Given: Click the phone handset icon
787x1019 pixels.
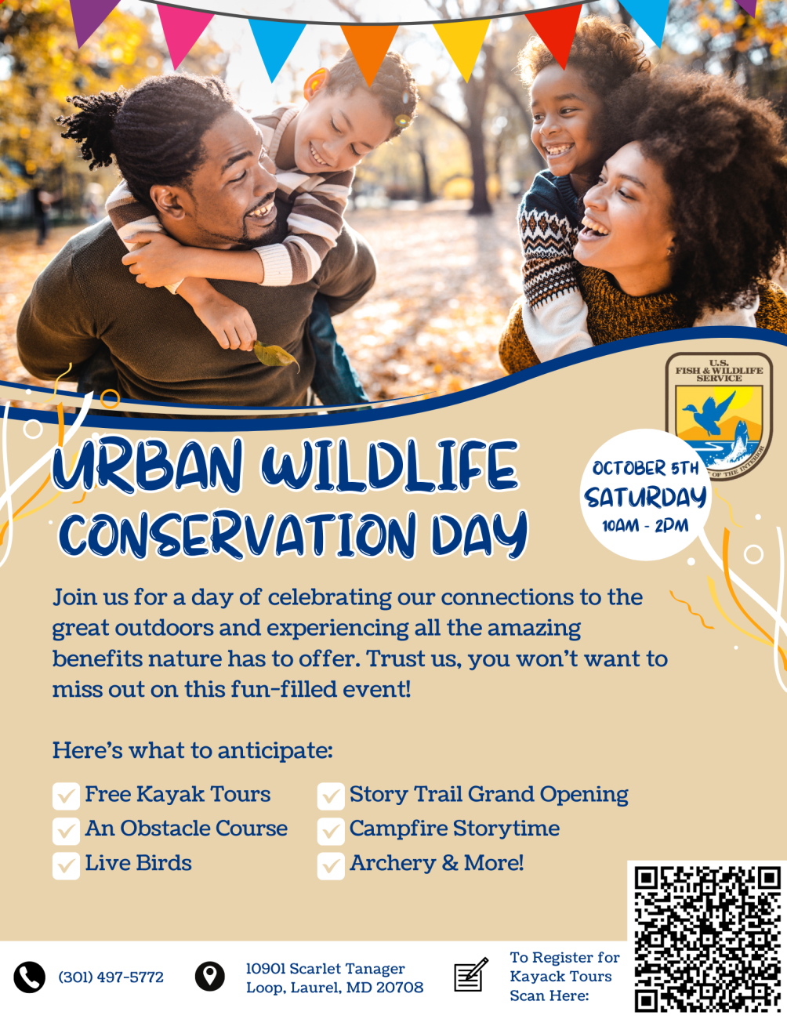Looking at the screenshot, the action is pyautogui.click(x=30, y=977).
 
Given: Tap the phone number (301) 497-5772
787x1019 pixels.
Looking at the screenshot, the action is pyautogui.click(x=111, y=977).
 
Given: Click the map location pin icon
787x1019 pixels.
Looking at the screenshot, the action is pyautogui.click(x=209, y=977).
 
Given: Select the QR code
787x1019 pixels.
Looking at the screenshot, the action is pyautogui.click(x=708, y=939).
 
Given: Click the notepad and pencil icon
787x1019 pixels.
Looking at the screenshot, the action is pyautogui.click(x=471, y=974).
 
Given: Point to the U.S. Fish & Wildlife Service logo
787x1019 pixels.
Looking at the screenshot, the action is pyautogui.click(x=719, y=415).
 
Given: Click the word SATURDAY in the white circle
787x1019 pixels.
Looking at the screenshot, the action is pyautogui.click(x=645, y=498).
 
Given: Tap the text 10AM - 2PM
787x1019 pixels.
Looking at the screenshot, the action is pyautogui.click(x=645, y=526).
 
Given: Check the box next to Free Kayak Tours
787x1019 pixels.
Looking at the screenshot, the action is pyautogui.click(x=66, y=796).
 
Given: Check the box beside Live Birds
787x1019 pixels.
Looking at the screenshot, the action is pyautogui.click(x=66, y=865).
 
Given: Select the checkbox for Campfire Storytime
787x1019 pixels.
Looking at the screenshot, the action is pyautogui.click(x=331, y=832).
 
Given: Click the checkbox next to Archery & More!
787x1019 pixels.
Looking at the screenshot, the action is pyautogui.click(x=331, y=865).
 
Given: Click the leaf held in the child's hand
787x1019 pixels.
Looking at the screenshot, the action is pyautogui.click(x=275, y=355).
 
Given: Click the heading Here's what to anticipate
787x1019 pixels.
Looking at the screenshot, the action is pyautogui.click(x=193, y=750).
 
